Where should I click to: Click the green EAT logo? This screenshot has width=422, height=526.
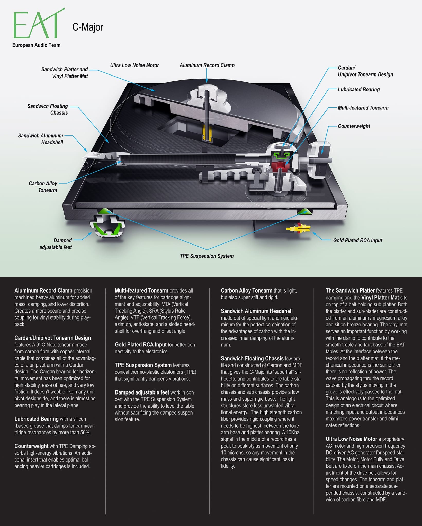pyautogui.click(x=39, y=24)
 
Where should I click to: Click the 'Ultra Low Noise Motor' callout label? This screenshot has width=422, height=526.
pyautogui.click(x=134, y=65)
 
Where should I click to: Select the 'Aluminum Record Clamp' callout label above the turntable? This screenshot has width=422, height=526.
pyautogui.click(x=207, y=65)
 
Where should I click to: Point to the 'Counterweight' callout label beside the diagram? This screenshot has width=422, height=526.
pyautogui.click(x=354, y=126)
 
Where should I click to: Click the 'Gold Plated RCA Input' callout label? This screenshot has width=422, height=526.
pyautogui.click(x=358, y=240)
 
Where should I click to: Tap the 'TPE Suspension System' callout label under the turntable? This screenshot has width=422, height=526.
pyautogui.click(x=207, y=256)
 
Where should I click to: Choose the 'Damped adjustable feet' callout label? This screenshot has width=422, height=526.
pyautogui.click(x=56, y=244)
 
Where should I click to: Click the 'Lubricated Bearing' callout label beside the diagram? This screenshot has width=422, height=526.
pyautogui.click(x=359, y=89)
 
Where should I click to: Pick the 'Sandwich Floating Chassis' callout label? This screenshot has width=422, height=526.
pyautogui.click(x=48, y=109)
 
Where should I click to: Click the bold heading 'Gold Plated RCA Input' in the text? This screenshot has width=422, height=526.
pyautogui.click(x=141, y=345)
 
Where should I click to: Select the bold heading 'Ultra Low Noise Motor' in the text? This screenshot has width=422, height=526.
pyautogui.click(x=351, y=439)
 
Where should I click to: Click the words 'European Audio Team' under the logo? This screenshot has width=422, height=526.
pyautogui.click(x=36, y=45)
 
